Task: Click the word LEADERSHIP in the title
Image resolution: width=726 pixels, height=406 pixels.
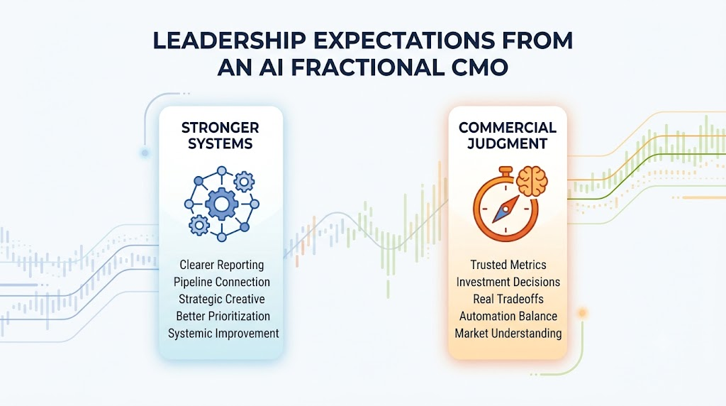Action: [x=229, y=40]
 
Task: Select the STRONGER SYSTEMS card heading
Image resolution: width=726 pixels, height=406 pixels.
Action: [x=220, y=136]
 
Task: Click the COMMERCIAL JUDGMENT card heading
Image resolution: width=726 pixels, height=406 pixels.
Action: [x=508, y=136]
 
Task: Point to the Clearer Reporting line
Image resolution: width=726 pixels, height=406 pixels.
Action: [x=222, y=265]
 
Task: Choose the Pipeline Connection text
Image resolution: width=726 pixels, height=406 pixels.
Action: [x=222, y=282]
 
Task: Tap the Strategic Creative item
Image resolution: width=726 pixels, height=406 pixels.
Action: [x=222, y=299]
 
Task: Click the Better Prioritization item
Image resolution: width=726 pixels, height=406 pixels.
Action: [x=223, y=316]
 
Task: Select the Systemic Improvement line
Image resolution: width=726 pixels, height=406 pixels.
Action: [x=223, y=333]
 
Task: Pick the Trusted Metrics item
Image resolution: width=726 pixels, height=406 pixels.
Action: [x=508, y=265]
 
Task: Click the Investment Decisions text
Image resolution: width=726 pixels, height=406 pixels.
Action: [x=508, y=282]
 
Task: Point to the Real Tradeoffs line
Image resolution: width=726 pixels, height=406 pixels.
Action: [x=508, y=299]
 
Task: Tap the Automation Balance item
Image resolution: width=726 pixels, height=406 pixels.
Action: [x=508, y=316]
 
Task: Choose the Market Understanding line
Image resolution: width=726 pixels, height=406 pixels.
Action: [x=508, y=333]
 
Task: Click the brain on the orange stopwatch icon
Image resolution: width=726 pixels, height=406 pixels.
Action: [x=532, y=182]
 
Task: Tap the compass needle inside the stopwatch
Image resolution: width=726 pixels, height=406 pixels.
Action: [x=506, y=209]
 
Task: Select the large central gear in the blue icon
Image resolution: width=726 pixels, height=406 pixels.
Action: [x=222, y=204]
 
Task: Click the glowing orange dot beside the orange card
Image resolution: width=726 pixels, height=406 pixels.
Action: [x=582, y=313]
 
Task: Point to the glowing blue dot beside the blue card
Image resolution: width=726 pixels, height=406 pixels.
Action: [x=145, y=153]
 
